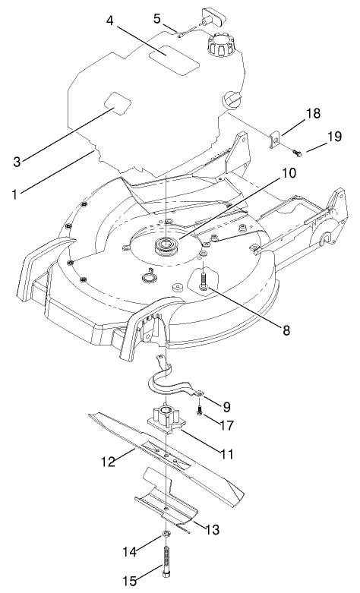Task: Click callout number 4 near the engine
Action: (110, 21)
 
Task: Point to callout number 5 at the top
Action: (157, 17)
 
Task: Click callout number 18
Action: (313, 113)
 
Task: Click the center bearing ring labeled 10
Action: (164, 245)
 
